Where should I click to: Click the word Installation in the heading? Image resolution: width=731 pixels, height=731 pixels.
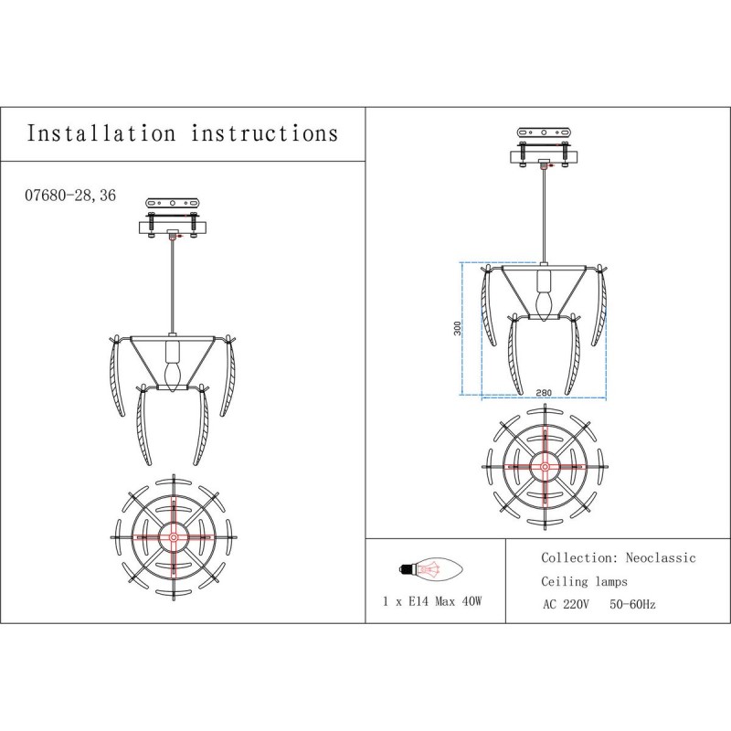(x=101, y=133)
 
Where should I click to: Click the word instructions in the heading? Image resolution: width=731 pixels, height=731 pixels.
(x=264, y=133)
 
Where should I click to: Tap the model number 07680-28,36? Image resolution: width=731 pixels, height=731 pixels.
(x=70, y=195)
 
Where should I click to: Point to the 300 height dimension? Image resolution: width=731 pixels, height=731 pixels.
(x=458, y=328)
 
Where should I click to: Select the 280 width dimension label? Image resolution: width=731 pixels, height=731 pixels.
(x=544, y=393)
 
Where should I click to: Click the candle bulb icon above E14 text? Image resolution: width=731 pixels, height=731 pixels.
(x=430, y=569)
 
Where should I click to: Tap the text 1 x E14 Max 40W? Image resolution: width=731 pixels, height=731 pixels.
(x=432, y=601)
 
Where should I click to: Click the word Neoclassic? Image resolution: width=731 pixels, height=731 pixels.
(x=661, y=558)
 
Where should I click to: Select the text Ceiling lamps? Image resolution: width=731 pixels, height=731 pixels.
(x=584, y=581)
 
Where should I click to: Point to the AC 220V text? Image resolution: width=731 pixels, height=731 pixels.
(x=566, y=605)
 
